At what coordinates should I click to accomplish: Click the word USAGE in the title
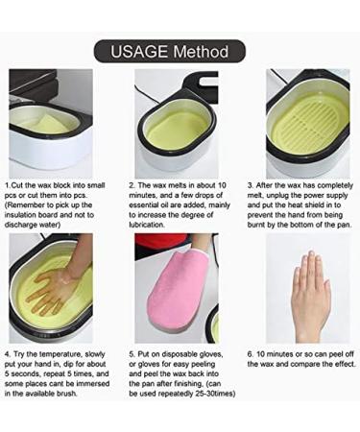click(x=139, y=52)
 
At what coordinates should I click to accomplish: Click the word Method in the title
click(x=201, y=52)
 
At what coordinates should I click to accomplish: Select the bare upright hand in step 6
click(x=310, y=296)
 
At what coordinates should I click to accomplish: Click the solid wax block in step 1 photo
click(x=51, y=124)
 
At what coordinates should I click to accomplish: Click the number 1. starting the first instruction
click(x=8, y=185)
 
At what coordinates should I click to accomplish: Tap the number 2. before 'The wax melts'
click(x=132, y=185)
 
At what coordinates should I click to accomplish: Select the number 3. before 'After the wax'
click(x=251, y=185)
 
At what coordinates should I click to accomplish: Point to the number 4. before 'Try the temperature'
click(x=8, y=354)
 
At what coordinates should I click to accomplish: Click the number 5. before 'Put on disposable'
click(x=132, y=354)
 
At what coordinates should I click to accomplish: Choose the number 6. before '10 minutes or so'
click(x=251, y=354)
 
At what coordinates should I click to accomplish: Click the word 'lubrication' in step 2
click(x=147, y=225)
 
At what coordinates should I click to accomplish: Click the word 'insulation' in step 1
click(x=20, y=215)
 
